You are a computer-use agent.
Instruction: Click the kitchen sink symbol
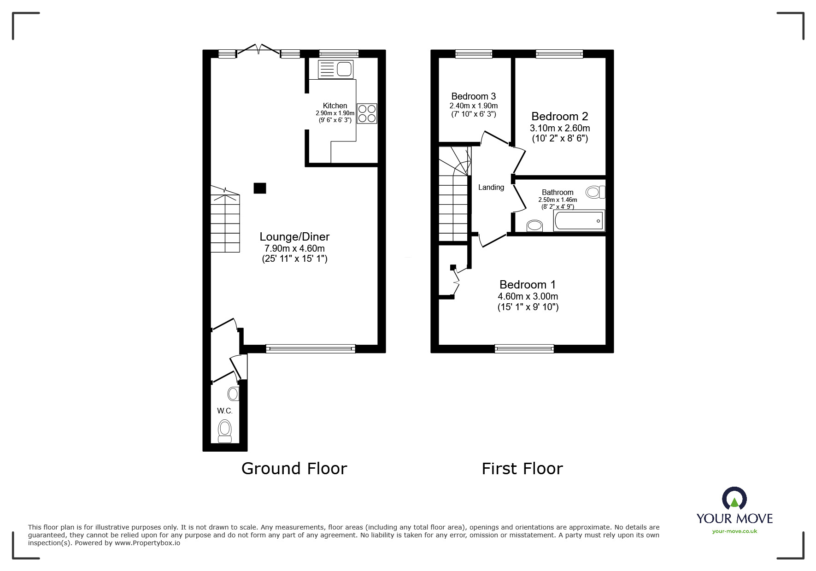(x=335, y=70)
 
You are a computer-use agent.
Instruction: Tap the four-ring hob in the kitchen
(x=367, y=113)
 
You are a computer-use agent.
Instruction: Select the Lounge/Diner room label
(x=294, y=236)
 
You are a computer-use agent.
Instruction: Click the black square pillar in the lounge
(x=260, y=188)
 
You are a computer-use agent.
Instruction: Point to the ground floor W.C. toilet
(x=225, y=430)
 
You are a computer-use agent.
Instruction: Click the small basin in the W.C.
(x=233, y=394)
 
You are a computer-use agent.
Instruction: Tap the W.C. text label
(x=225, y=411)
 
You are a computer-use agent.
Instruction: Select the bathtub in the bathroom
(x=579, y=221)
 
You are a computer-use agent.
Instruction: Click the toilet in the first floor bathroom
(x=596, y=192)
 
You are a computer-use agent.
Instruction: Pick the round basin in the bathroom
(x=534, y=226)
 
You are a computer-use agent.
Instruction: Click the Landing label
(x=491, y=187)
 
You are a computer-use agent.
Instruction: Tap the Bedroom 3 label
(x=473, y=96)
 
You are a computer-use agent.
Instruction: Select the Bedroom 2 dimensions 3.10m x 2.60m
(x=560, y=128)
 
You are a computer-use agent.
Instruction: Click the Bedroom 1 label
(x=528, y=284)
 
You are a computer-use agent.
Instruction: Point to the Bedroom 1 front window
(x=524, y=349)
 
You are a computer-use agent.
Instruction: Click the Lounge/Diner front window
(x=311, y=349)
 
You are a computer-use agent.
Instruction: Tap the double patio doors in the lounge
(x=258, y=50)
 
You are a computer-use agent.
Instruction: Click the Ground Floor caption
(x=294, y=469)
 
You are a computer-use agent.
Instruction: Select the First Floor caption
(x=522, y=469)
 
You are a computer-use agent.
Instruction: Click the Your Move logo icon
(x=734, y=499)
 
